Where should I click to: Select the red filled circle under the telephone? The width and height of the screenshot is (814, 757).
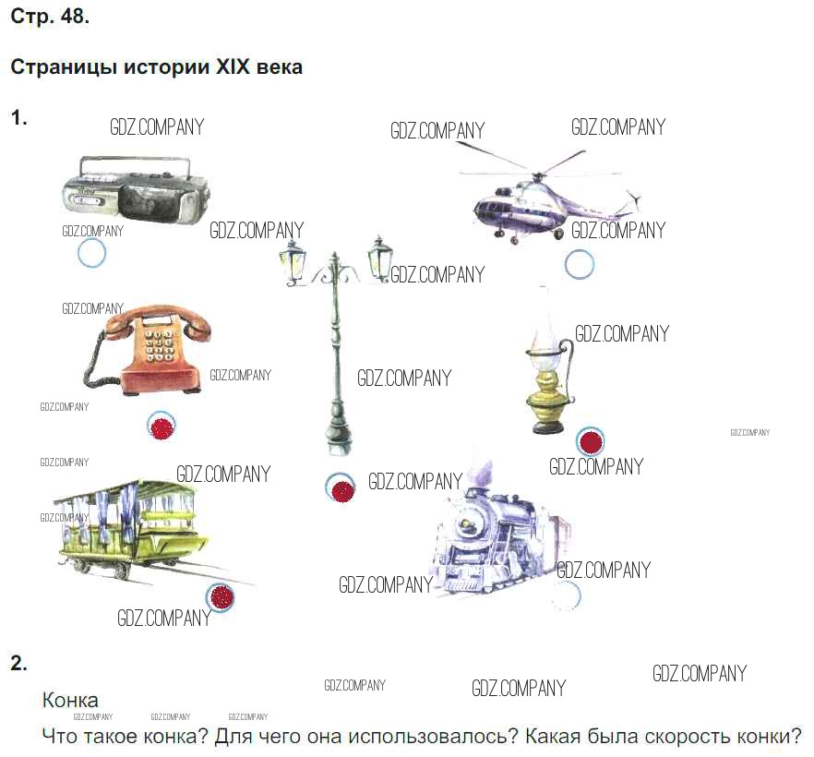click(x=162, y=427)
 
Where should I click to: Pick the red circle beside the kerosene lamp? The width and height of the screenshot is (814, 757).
click(x=591, y=441)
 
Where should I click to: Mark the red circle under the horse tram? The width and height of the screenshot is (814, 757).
click(x=220, y=597)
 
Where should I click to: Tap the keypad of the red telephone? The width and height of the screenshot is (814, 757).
click(x=159, y=346)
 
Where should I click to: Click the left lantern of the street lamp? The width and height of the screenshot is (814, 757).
click(x=293, y=261)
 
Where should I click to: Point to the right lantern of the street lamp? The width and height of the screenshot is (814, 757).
click(x=379, y=258)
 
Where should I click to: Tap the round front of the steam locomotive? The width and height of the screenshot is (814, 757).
click(x=467, y=523)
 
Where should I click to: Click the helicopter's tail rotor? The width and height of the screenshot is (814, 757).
click(x=633, y=201)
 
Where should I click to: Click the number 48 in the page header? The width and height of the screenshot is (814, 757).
click(x=75, y=17)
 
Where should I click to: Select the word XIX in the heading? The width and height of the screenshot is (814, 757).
click(x=233, y=67)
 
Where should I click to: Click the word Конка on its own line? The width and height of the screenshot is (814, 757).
click(x=70, y=701)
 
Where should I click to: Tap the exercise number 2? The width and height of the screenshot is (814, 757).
click(x=18, y=664)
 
